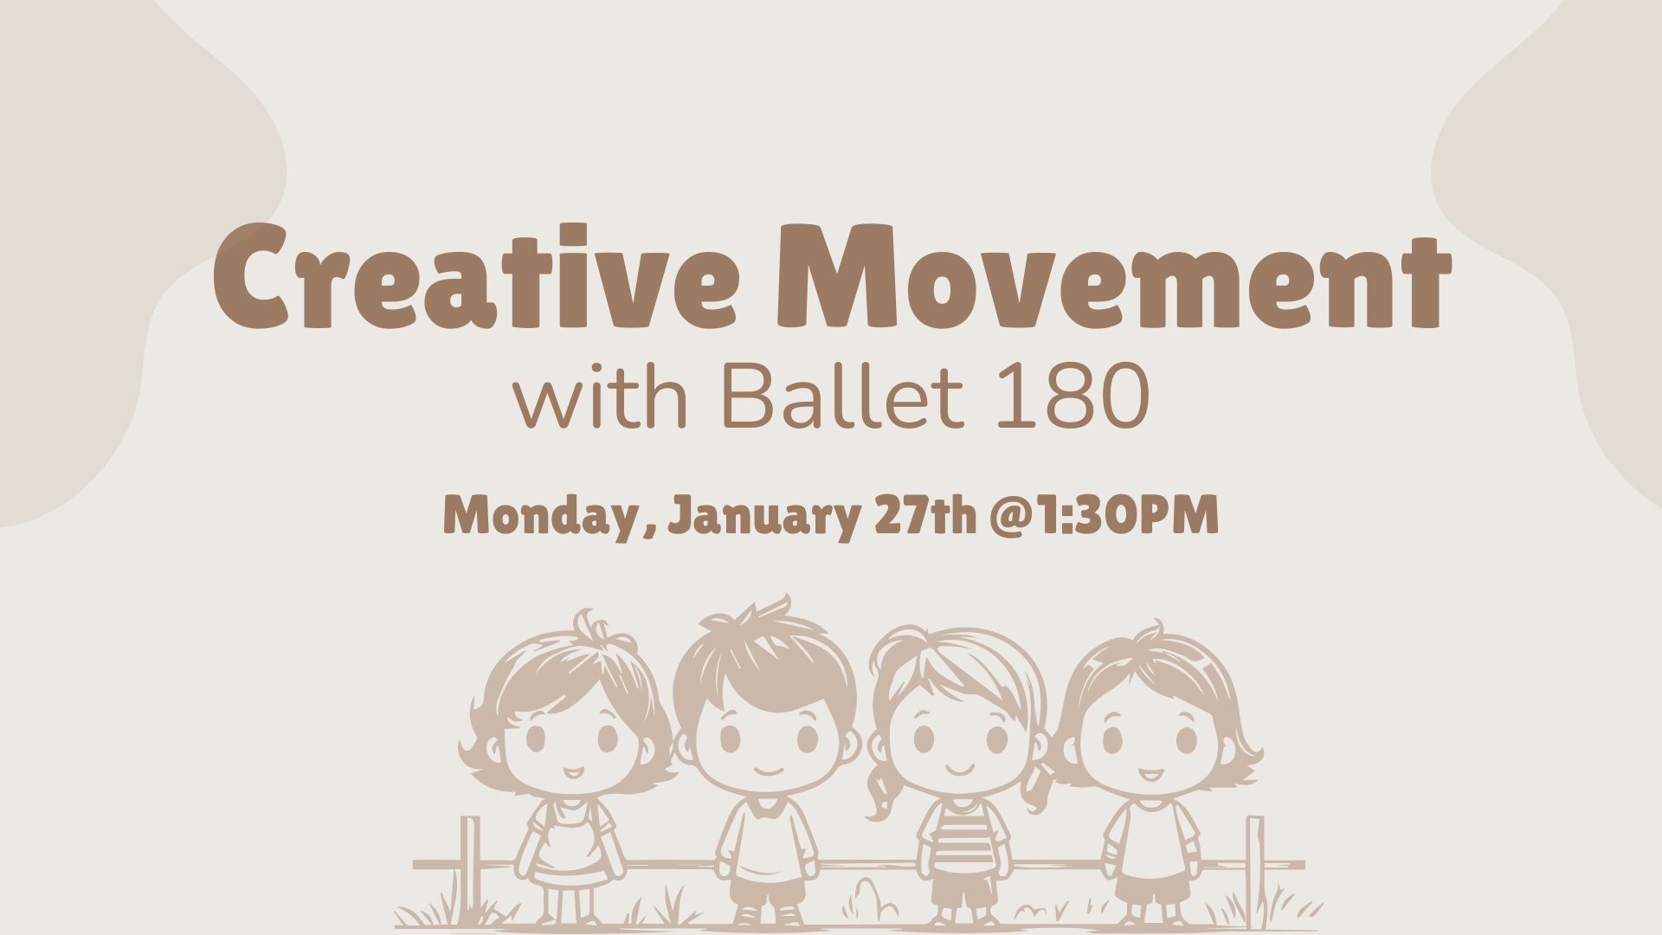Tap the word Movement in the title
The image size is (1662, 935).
[1115, 276]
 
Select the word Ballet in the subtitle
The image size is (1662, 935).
[842, 396]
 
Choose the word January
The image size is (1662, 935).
[764, 517]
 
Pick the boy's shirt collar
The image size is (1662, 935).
[765, 807]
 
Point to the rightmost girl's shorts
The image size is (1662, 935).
[1150, 887]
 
